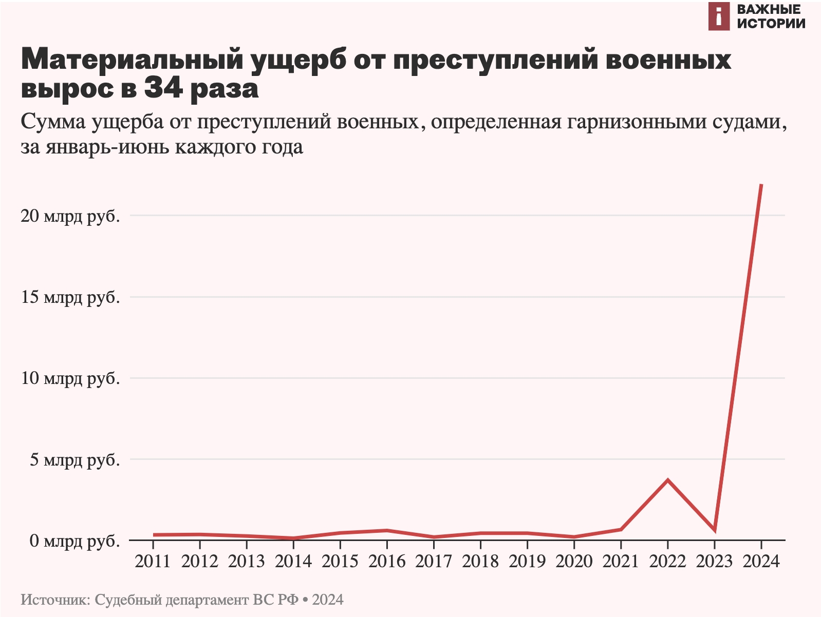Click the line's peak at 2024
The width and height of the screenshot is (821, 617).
point(761,185)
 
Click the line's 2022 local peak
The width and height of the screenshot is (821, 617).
point(667,480)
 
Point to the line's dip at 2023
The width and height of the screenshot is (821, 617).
point(714,530)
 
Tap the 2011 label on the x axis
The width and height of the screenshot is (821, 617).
point(153,561)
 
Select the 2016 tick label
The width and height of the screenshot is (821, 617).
point(387,561)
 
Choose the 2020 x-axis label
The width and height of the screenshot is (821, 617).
point(574,561)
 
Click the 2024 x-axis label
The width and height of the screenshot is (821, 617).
point(761,561)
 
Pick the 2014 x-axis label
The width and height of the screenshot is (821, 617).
point(293,561)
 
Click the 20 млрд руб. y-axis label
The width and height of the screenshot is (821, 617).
point(70,216)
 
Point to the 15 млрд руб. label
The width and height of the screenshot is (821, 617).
point(70,297)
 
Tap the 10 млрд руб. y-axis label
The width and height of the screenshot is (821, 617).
point(70,378)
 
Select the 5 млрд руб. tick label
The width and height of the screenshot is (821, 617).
point(75,459)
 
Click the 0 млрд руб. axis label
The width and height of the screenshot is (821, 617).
point(75,541)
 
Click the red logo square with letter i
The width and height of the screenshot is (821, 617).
point(719,16)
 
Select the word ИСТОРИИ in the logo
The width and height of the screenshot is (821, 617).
point(771,23)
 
